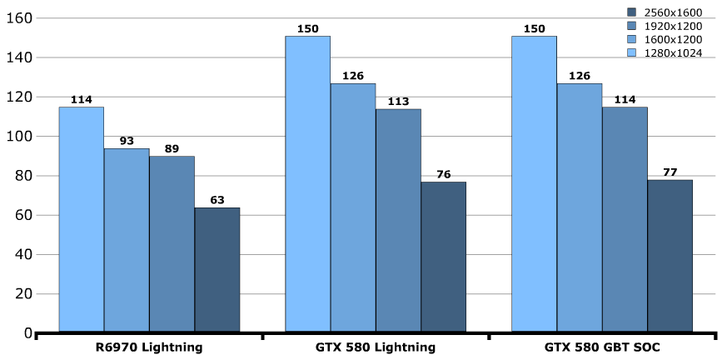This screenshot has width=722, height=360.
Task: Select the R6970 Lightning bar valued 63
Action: coord(217,270)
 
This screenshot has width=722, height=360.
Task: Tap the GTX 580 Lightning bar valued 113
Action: coord(398,220)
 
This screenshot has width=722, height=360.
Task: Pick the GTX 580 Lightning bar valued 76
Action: coord(443,257)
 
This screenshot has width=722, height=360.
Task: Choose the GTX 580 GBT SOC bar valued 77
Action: coord(670,256)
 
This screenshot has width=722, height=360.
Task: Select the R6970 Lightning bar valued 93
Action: coord(127,240)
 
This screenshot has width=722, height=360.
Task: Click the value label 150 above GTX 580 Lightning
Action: coord(307,29)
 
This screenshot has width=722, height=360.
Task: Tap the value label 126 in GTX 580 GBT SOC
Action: coord(580,77)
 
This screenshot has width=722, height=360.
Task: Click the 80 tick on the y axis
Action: coord(20,176)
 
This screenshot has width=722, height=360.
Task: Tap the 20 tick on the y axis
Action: coord(20,294)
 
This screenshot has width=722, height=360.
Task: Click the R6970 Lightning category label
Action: coord(150,347)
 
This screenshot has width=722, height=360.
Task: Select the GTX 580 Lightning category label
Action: coord(376,347)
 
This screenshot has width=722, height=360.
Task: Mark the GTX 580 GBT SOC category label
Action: coord(602,347)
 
